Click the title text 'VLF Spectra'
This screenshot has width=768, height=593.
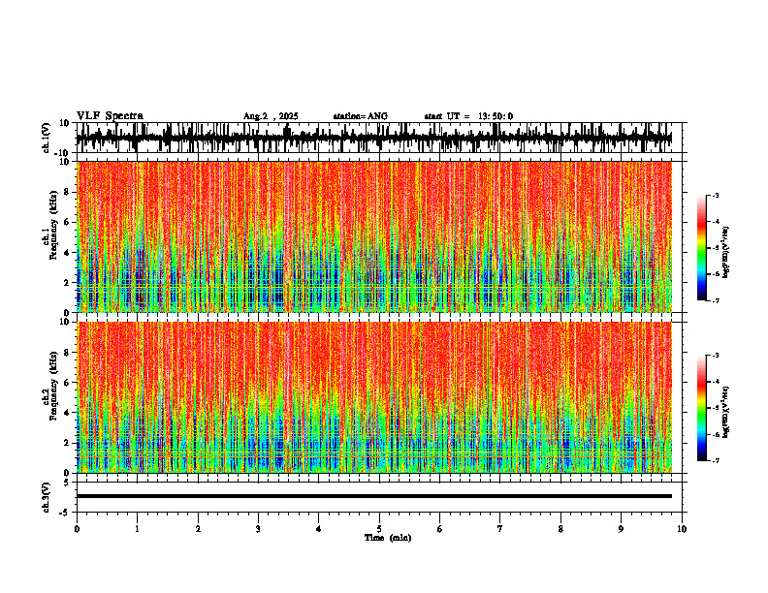110,116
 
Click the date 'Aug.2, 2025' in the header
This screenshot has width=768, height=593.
271,116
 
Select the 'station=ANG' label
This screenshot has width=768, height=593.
360,116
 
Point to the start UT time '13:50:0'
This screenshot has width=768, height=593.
494,116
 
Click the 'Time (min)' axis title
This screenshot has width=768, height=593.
387,538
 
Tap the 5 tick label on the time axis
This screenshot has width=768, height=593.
379,528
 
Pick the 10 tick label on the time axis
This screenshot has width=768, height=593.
682,528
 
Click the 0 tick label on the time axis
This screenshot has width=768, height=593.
77,528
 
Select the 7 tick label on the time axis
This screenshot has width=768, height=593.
500,528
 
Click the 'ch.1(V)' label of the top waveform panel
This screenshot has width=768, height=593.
47,138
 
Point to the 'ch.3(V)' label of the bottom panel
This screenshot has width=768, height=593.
47,496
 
